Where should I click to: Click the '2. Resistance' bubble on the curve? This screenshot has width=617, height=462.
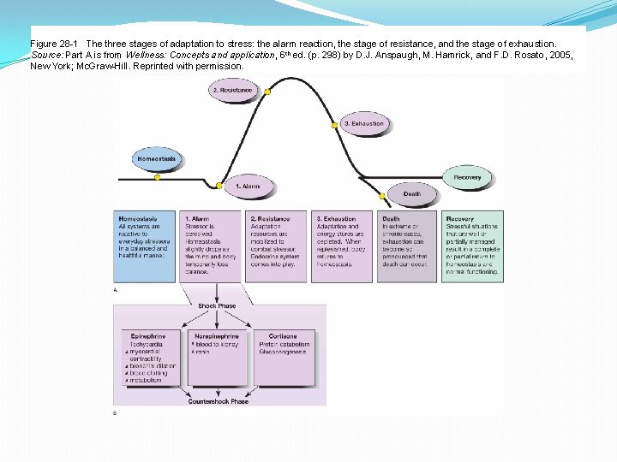coord(231,90)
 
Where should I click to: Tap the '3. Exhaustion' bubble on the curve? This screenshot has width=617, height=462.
coord(363,123)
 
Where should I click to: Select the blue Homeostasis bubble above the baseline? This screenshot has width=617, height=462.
coord(158,158)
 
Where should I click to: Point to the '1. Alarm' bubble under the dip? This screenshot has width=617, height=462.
coord(248,186)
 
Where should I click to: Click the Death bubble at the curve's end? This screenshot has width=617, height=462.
coord(412,194)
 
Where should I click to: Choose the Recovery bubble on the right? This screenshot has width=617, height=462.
coord(468,177)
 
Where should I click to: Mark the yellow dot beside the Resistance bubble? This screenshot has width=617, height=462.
coord(268,90)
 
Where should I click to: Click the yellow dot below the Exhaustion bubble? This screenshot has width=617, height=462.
coord(335,127)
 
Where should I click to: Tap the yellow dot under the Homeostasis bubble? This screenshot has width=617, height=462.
coord(158,177)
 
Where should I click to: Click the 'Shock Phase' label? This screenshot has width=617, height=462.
coord(218,305)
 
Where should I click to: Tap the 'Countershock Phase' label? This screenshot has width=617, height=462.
coord(218,400)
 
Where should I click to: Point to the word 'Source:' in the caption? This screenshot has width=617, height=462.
coord(46,54)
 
